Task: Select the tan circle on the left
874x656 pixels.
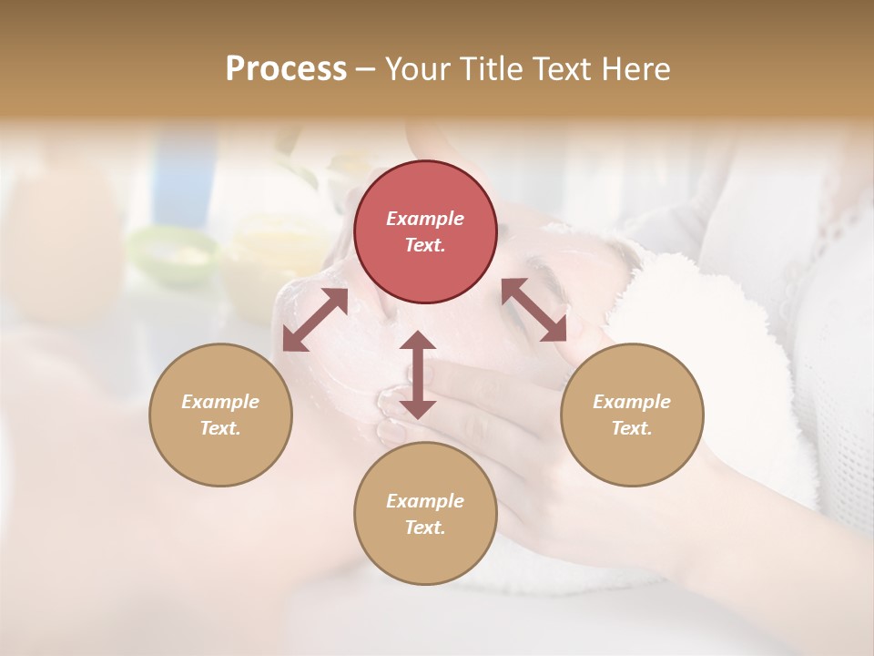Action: point(220,415)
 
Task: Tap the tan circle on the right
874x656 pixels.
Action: point(632,415)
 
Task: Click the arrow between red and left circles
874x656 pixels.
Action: point(315,320)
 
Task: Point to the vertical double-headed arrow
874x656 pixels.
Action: point(418,374)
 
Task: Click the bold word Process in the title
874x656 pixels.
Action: point(286,68)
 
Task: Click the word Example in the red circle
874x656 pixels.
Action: point(425,219)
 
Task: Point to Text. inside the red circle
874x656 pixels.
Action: point(425,245)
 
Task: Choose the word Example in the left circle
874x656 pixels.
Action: point(220,401)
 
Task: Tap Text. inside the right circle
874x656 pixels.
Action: point(632,428)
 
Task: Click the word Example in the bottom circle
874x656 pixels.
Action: point(425,501)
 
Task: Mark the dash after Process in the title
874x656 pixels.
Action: point(365,69)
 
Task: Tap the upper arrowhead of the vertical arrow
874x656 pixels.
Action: point(418,343)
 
